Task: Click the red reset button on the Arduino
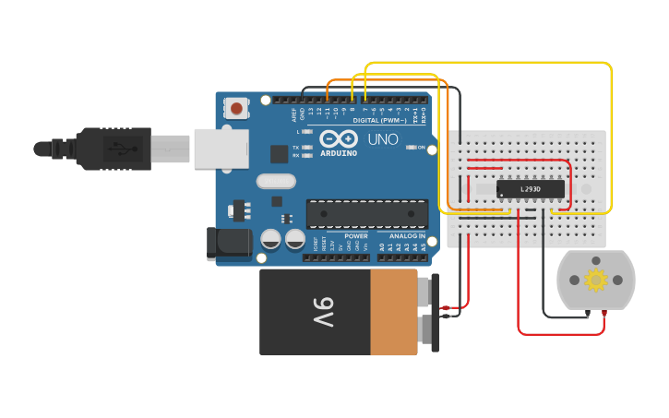(237, 108)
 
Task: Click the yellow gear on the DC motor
(596, 279)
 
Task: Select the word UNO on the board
(383, 140)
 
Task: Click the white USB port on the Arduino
(221, 149)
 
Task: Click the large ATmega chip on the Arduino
(367, 213)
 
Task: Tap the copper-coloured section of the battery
(394, 313)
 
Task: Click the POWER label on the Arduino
(355, 236)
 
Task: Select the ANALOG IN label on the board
(407, 236)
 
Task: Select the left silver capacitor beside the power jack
(270, 239)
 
